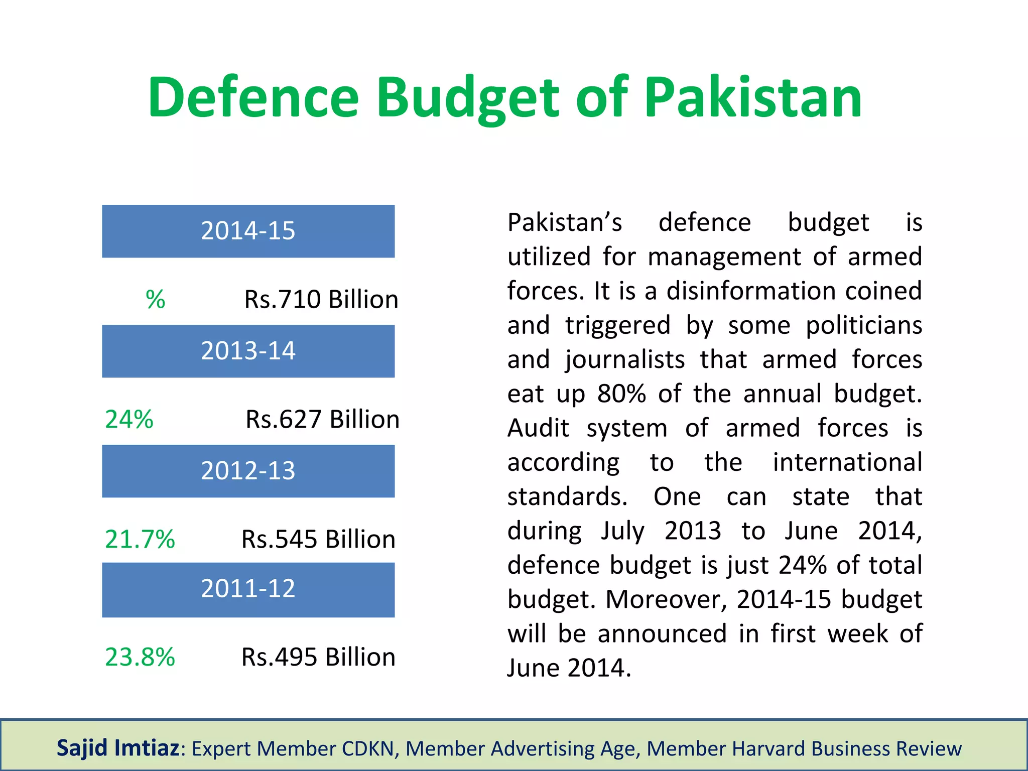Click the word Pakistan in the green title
click(x=752, y=97)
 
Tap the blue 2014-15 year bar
click(x=248, y=231)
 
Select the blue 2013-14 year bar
click(x=248, y=351)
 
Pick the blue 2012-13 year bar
click(x=248, y=471)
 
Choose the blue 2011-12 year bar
click(x=248, y=589)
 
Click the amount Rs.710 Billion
click(x=321, y=300)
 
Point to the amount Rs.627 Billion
click(x=322, y=420)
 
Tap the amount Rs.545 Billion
click(x=318, y=540)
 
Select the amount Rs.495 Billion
click(x=318, y=657)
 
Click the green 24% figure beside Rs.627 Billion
click(x=129, y=420)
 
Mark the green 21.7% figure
click(x=140, y=540)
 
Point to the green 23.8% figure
click(x=140, y=657)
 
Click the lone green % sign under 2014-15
click(x=156, y=300)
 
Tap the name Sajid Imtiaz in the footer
click(x=118, y=748)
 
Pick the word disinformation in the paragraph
click(x=750, y=291)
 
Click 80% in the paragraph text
click(x=621, y=394)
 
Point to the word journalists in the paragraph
click(x=625, y=360)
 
